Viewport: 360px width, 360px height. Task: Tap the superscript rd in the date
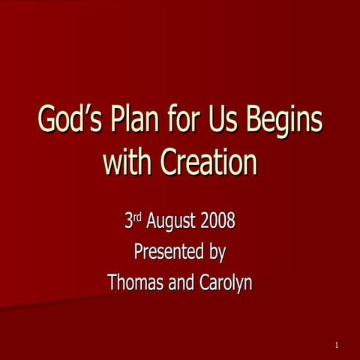click(137, 218)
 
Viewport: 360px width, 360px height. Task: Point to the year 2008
click(221, 222)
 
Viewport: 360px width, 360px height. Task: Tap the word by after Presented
click(217, 253)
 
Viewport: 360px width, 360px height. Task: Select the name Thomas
click(136, 283)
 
